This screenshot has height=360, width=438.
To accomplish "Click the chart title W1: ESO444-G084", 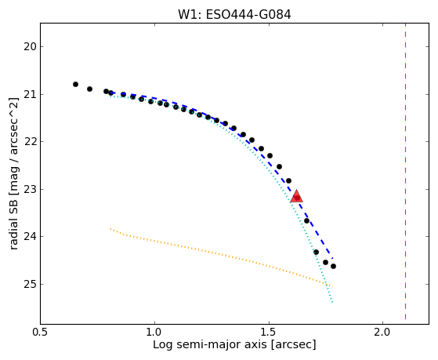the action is click(234, 15).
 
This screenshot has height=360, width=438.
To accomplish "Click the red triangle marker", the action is click(296, 196).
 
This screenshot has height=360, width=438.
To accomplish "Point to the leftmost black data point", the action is click(75, 84).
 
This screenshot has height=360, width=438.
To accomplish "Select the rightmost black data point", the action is click(333, 267).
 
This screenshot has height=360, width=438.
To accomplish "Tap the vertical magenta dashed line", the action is click(405, 172).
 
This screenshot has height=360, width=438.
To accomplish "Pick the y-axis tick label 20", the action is click(31, 47).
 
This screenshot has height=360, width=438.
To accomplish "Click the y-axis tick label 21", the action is click(31, 95).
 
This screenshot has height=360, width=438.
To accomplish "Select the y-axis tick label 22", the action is click(31, 142).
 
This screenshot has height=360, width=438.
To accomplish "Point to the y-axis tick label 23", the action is click(31, 189).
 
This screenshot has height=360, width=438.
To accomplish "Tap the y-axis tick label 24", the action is click(31, 237).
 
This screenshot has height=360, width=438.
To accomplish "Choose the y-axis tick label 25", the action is click(31, 284).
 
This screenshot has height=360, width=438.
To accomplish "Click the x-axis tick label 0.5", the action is click(41, 333).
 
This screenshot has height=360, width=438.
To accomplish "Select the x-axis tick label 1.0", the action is click(154, 333).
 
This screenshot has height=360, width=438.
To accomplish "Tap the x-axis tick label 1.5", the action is click(269, 333).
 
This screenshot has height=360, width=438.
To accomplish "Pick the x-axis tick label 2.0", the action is click(382, 333).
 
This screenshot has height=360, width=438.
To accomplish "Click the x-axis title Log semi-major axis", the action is click(210, 345).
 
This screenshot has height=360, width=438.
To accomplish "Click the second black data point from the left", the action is click(89, 89).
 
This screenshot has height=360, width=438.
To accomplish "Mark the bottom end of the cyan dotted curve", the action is click(332, 303).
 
